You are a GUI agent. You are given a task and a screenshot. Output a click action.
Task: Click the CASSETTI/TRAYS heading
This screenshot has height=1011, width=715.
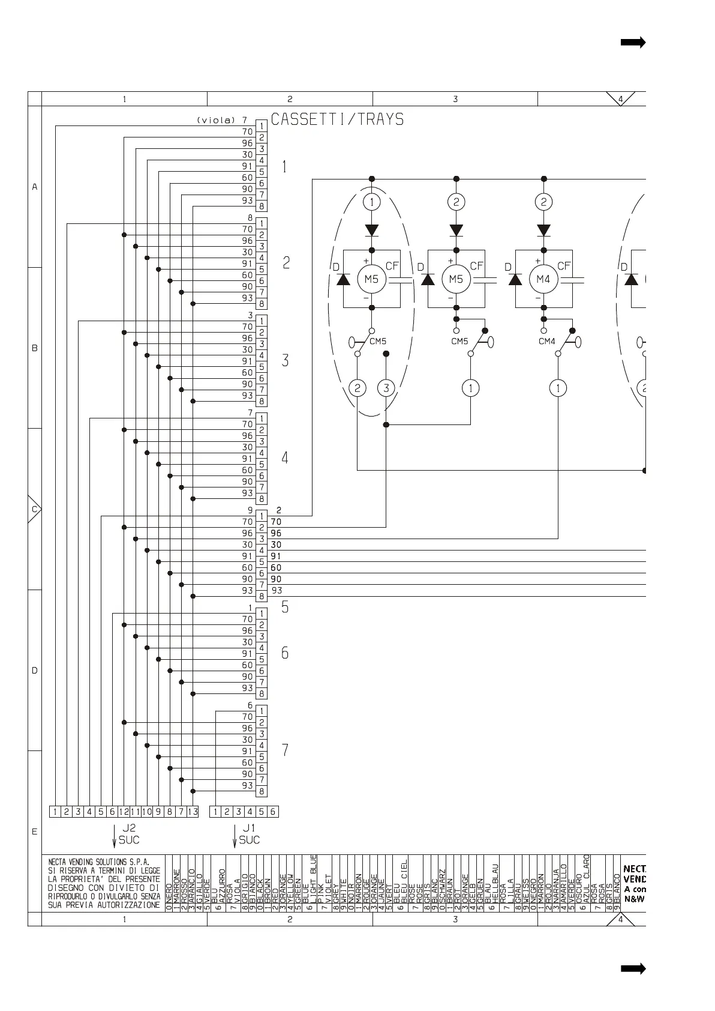click(x=337, y=119)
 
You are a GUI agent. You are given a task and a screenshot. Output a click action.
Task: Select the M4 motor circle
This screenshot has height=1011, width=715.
click(x=543, y=279)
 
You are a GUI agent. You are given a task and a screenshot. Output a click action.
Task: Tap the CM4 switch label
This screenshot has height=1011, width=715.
click(x=547, y=342)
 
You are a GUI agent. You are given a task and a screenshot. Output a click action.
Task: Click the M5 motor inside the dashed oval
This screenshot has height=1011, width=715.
click(x=371, y=279)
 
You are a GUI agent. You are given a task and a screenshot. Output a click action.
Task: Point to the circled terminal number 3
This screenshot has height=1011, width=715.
click(x=386, y=388)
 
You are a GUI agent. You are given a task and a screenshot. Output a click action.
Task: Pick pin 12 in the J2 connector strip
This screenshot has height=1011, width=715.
click(x=124, y=812)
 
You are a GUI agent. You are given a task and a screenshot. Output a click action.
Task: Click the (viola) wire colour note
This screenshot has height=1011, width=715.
click(x=216, y=120)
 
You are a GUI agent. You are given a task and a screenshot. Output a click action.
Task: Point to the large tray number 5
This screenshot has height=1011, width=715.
click(x=285, y=607)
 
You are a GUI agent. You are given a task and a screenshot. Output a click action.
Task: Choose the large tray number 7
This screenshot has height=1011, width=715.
click(x=285, y=750)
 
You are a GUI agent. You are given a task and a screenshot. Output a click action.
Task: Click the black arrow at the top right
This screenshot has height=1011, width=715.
click(x=633, y=42)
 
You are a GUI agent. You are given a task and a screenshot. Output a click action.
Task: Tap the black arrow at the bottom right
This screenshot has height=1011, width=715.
click(x=633, y=968)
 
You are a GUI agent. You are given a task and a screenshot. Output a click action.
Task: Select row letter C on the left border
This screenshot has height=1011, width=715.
click(x=34, y=510)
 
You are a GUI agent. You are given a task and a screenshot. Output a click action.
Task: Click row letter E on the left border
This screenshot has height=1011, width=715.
click(x=34, y=832)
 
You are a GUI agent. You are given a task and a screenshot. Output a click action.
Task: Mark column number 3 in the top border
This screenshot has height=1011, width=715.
click(x=455, y=99)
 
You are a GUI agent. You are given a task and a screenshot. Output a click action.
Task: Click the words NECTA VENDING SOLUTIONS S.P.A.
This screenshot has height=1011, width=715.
click(x=99, y=862)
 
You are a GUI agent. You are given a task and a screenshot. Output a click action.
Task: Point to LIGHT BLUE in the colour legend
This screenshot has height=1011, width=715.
click(x=314, y=884)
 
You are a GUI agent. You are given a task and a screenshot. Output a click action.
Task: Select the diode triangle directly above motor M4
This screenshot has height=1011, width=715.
click(x=543, y=230)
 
